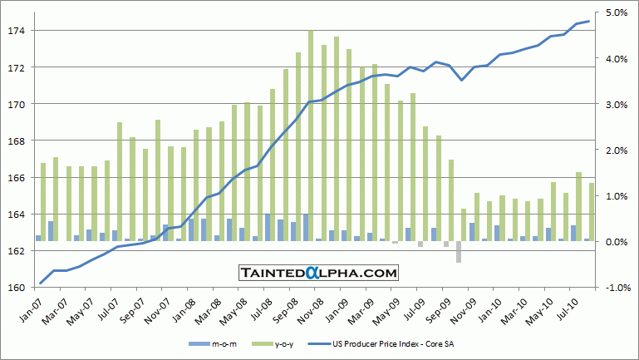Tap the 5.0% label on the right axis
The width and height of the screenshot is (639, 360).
pyautogui.click(x=616, y=13)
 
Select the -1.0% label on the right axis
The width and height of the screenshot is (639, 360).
pyautogui.click(x=615, y=288)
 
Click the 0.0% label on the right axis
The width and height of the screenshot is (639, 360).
pyautogui.click(x=616, y=242)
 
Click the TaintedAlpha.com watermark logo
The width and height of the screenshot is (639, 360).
pyautogui.click(x=318, y=272)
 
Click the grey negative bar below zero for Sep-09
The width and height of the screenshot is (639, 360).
pyautogui.click(x=459, y=252)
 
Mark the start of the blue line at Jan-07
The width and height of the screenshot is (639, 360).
pyautogui.click(x=41, y=284)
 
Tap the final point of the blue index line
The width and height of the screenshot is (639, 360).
pyautogui.click(x=589, y=22)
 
